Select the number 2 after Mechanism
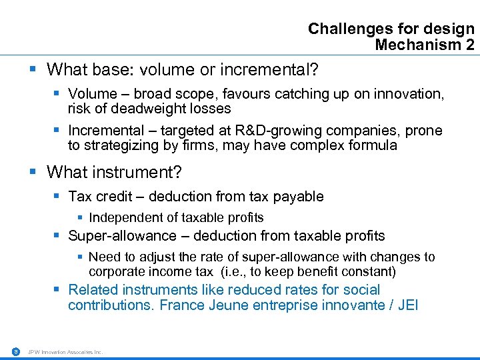(x=470, y=45)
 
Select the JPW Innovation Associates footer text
(x=65, y=352)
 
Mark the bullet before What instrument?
(x=33, y=173)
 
